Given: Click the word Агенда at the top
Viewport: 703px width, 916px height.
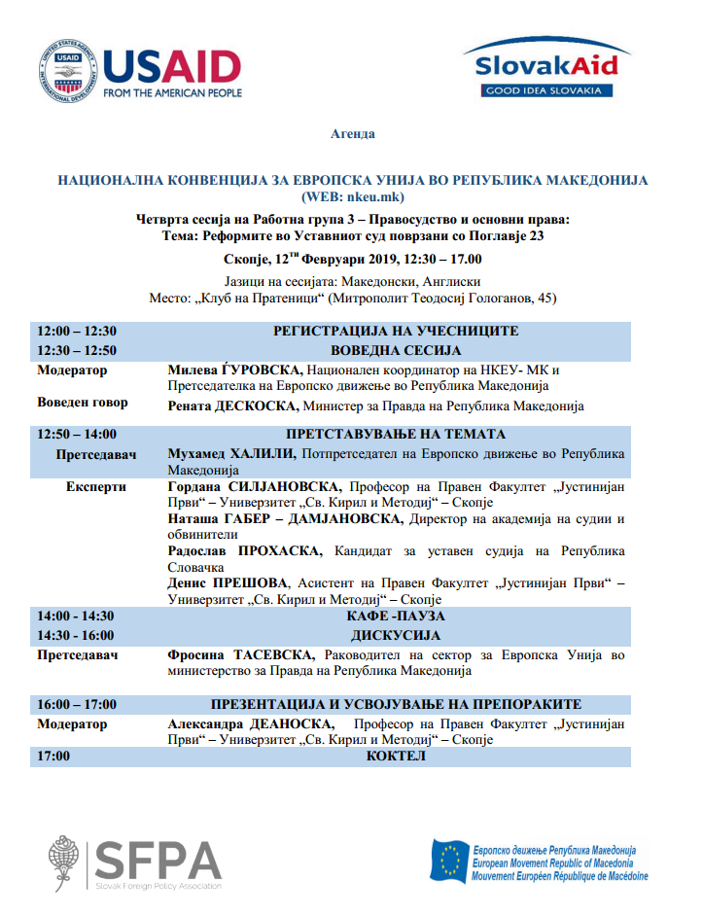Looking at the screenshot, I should [352, 134].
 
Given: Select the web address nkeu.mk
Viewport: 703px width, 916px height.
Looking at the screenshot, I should [369, 195].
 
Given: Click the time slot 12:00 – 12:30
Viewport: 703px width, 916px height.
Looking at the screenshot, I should [77, 332].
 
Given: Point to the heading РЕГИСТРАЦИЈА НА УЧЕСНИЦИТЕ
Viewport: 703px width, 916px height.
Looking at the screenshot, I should [396, 332].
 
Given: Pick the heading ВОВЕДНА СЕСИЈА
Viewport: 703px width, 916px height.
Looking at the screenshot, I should [396, 351].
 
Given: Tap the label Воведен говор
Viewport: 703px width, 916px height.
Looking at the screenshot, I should [83, 404].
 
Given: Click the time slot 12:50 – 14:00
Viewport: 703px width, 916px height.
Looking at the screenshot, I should [77, 435].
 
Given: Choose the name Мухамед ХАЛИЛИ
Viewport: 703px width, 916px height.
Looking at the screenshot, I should [230, 454].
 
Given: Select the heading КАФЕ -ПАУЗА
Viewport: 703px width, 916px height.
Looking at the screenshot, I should [396, 617].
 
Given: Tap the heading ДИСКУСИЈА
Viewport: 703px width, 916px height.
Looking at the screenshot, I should [396, 635].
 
